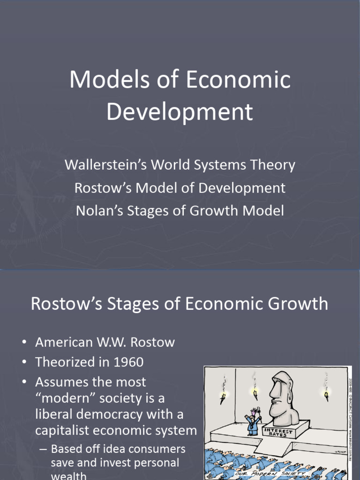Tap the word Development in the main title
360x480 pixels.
tap(180, 112)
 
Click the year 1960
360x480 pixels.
tap(124, 362)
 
